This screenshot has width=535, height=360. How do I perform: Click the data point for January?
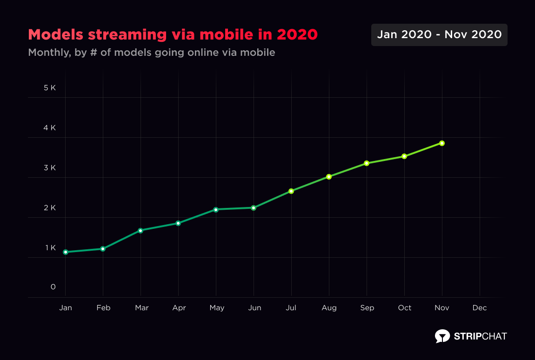click(66, 252)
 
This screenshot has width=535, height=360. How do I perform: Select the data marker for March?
click(140, 231)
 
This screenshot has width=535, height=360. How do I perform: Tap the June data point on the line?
click(254, 208)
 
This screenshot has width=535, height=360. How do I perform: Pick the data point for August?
click(329, 177)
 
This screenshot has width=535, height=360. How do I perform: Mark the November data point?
click(442, 143)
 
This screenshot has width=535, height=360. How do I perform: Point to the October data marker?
click(404, 156)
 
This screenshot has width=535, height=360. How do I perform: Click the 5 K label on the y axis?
click(50, 87)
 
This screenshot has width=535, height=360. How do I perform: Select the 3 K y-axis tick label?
click(50, 167)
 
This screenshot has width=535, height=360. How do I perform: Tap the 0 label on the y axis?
click(53, 287)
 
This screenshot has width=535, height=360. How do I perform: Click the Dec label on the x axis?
click(480, 308)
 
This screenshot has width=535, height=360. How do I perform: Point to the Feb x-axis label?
click(103, 308)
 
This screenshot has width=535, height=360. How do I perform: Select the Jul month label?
click(291, 308)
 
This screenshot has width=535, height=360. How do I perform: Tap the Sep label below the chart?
click(367, 308)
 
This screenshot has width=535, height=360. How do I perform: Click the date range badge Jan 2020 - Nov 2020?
click(439, 35)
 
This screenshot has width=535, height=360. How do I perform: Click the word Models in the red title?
click(56, 34)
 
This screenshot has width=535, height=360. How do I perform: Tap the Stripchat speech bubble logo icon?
click(442, 336)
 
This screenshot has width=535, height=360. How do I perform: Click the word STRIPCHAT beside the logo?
click(480, 336)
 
